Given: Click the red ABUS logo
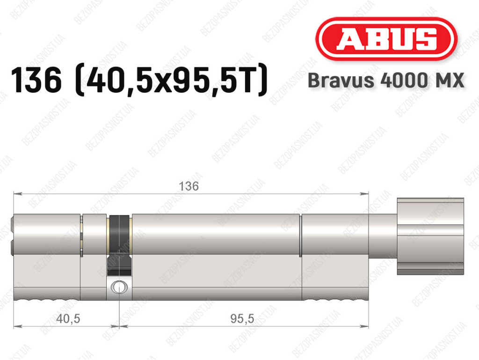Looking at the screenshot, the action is (386, 39).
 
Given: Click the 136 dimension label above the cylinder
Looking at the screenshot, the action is (189, 186).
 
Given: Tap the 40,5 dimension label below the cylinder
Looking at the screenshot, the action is (68, 319).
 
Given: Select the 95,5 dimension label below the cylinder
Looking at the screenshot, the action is (242, 319).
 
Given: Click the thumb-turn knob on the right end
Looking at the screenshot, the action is (430, 236).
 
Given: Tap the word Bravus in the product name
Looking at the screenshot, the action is (341, 81).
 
